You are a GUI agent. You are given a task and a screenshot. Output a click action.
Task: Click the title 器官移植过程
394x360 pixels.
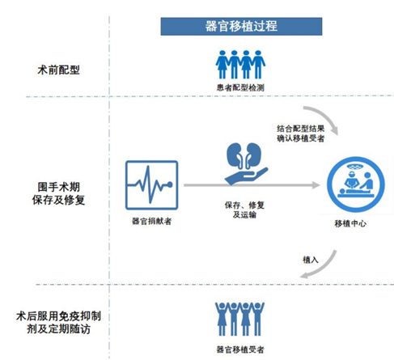tap(242, 26)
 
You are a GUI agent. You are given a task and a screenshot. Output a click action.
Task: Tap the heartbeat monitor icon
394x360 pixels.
tap(151, 185)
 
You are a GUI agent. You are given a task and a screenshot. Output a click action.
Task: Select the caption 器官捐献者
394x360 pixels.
tap(151, 220)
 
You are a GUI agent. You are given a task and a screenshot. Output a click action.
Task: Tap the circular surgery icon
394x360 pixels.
tap(354, 184)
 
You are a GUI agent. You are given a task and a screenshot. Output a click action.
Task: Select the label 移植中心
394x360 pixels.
tap(354, 223)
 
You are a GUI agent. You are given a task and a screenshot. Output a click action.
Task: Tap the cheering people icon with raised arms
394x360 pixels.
tap(241, 317)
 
